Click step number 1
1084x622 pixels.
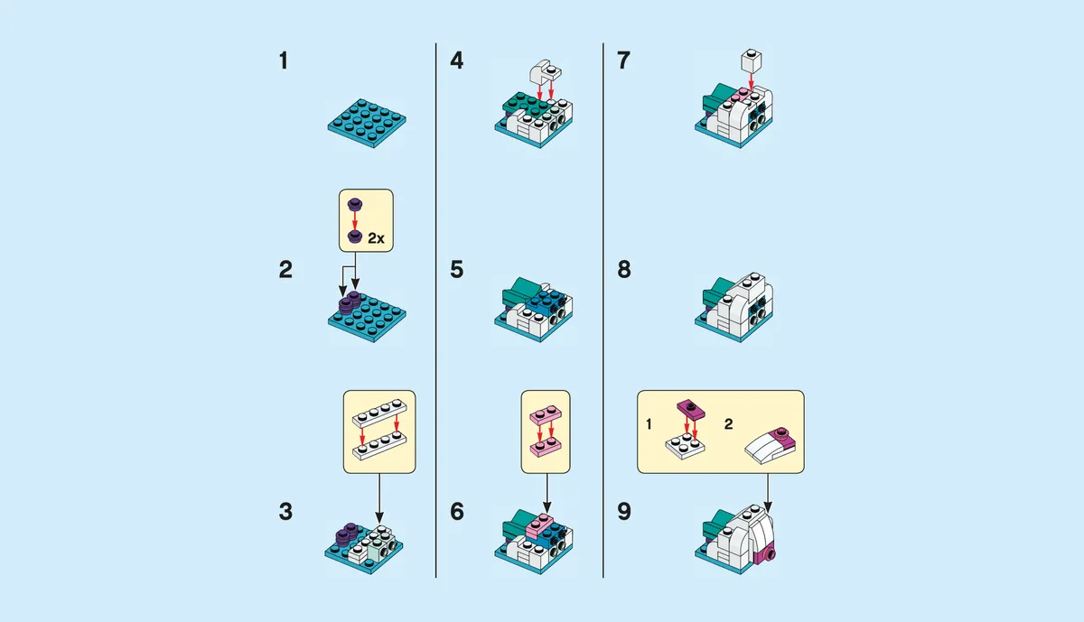(285, 61)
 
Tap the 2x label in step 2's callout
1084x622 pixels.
(377, 238)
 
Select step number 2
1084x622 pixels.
(285, 270)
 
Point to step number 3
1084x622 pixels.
(285, 512)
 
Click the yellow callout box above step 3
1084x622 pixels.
(378, 432)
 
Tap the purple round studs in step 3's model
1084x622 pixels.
(347, 534)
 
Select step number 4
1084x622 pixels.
(457, 61)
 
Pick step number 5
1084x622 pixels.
(457, 270)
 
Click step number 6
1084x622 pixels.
(457, 512)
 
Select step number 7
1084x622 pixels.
(623, 61)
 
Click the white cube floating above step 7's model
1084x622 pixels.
(751, 61)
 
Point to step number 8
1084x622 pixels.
(623, 270)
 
